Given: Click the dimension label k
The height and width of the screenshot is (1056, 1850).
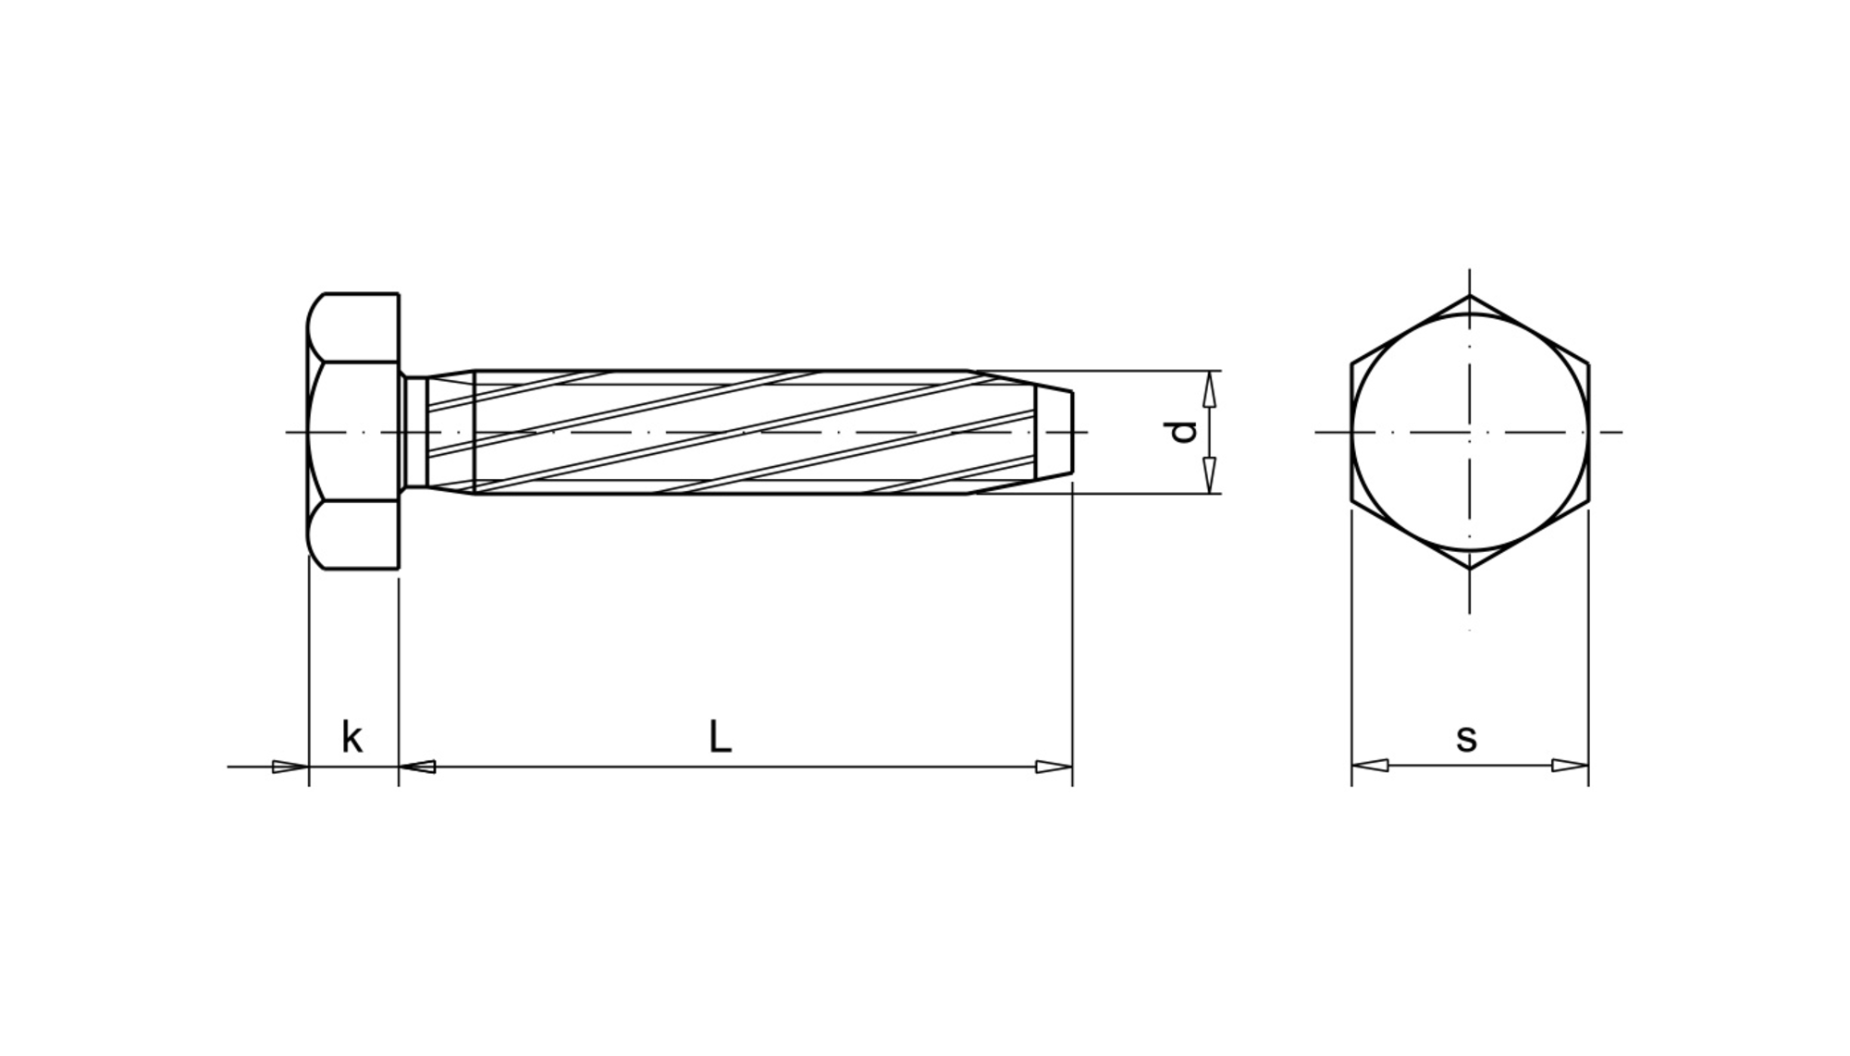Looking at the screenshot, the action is (351, 738).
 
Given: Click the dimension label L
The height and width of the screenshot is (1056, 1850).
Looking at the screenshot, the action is (721, 737).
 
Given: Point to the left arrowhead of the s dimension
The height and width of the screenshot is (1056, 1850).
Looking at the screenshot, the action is (1370, 766).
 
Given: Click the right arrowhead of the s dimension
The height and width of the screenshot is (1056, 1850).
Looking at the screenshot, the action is (1571, 766).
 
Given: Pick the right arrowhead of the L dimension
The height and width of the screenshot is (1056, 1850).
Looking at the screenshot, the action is (1054, 767).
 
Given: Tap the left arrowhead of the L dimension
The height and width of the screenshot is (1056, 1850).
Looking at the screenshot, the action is (417, 767).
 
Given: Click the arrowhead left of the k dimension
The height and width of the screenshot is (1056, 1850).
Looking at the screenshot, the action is (290, 767).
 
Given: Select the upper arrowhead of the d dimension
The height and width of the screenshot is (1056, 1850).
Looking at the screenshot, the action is (1209, 388).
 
